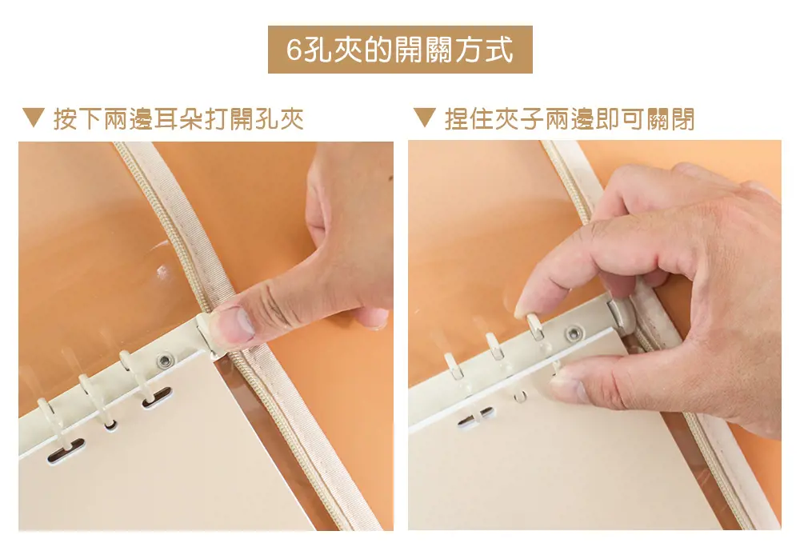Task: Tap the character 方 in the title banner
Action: (x=468, y=50)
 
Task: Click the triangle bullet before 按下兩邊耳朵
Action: (x=34, y=118)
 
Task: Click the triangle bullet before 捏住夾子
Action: (x=425, y=118)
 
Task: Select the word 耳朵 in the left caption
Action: (x=178, y=119)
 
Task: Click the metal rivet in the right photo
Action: (x=574, y=334)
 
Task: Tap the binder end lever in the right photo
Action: (x=621, y=311)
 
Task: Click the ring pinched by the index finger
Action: (x=534, y=327)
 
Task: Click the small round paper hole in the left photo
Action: (x=110, y=425)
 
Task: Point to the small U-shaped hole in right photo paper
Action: (x=519, y=397)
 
